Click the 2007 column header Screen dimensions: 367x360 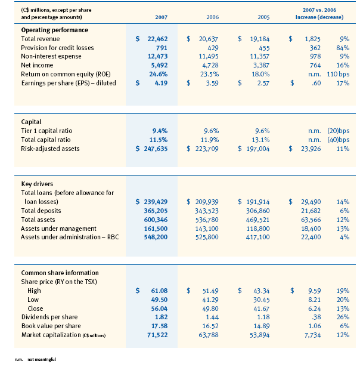pyautogui.click(x=153, y=17)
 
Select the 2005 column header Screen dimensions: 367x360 pyautogui.click(x=256, y=17)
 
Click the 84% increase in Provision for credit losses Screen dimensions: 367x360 pyautogui.click(x=341, y=47)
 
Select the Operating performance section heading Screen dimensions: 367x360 pyautogui.click(x=54, y=30)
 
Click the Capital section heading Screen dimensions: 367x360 pyautogui.click(x=32, y=122)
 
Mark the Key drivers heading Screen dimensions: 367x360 pyautogui.click(x=38, y=184)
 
